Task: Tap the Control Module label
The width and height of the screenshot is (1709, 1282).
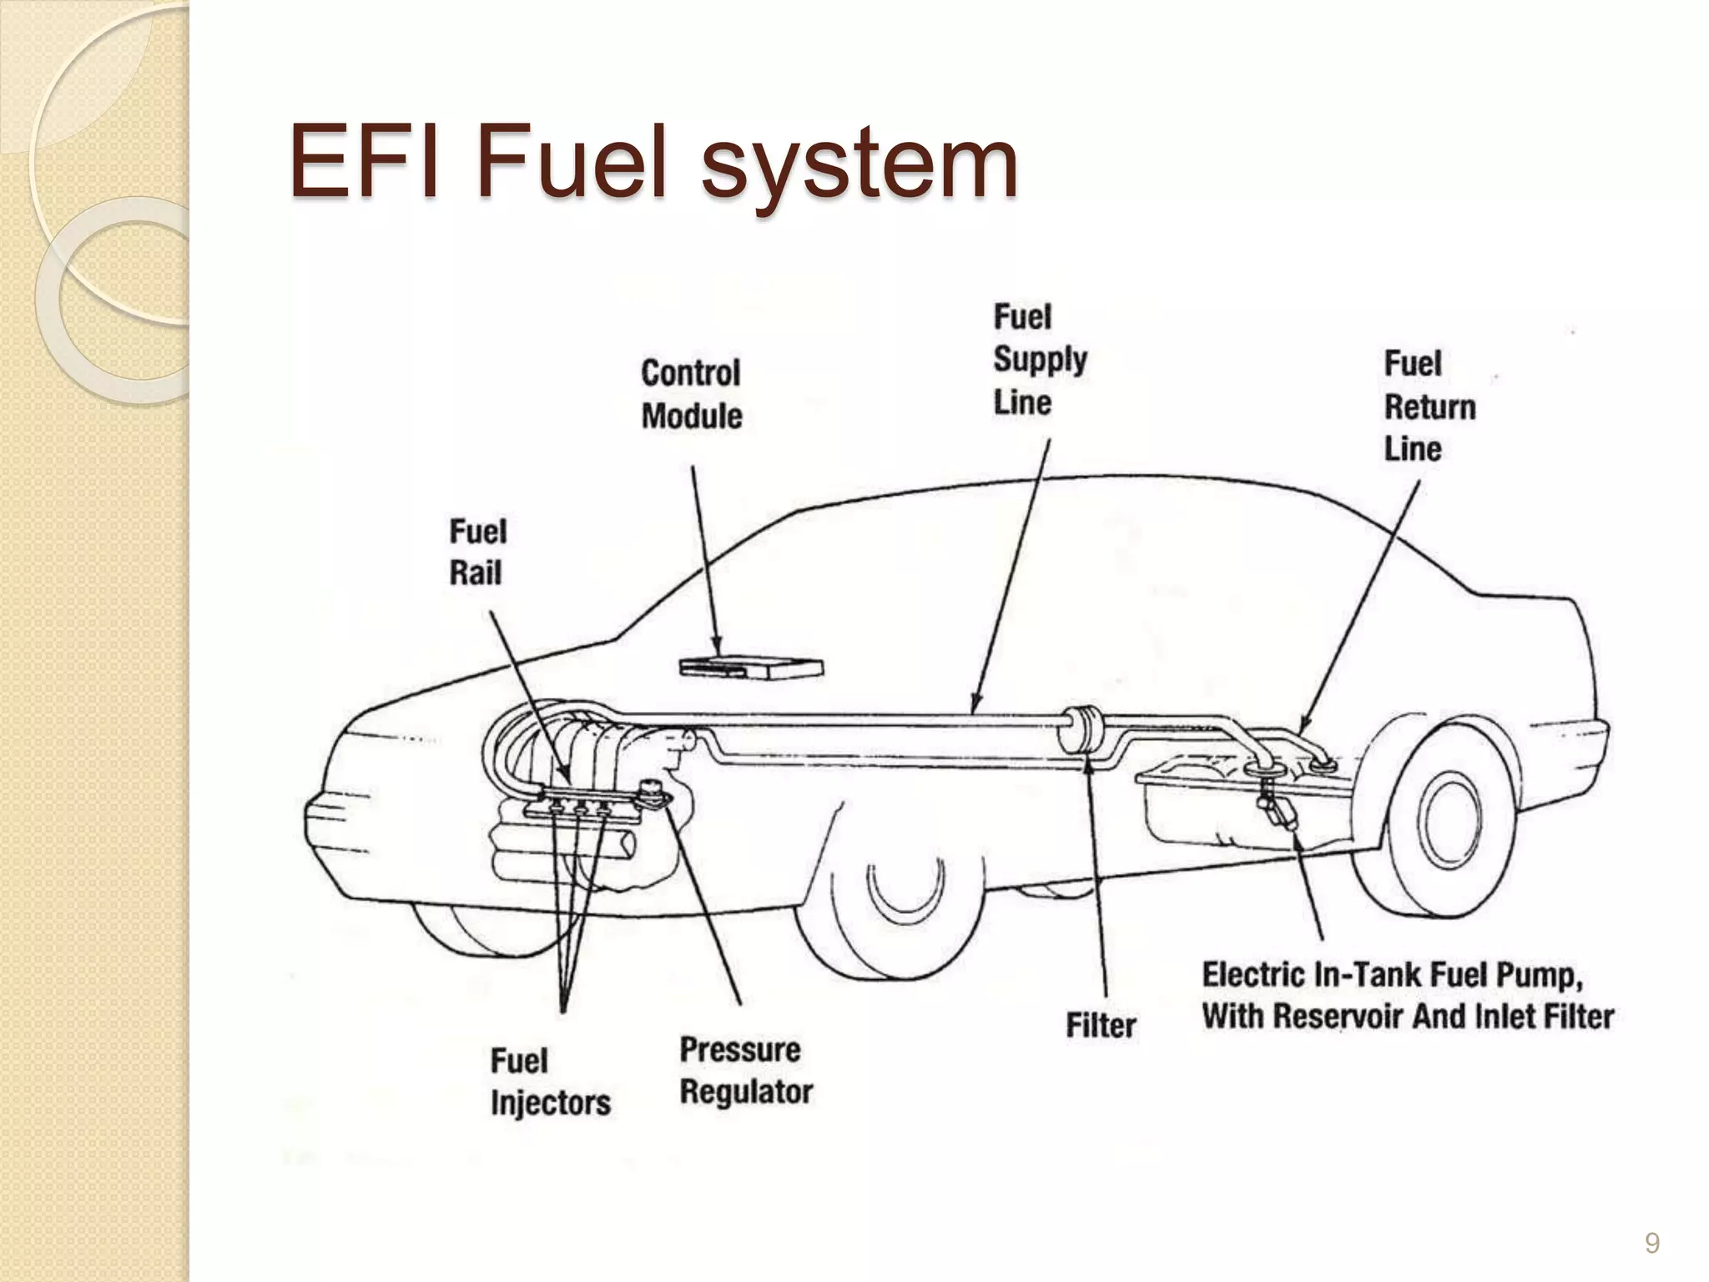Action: (x=691, y=395)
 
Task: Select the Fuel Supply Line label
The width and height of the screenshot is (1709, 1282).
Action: (x=1039, y=360)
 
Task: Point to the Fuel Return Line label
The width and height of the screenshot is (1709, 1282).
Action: (x=1429, y=406)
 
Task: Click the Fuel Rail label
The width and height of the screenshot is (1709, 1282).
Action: (x=477, y=553)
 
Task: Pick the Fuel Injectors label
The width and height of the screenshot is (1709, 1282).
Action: (x=550, y=1082)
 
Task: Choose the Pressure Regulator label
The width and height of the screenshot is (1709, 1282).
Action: (x=745, y=1071)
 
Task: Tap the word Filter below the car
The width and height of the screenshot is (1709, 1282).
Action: (x=1101, y=1026)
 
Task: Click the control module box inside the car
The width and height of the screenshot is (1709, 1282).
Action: (x=751, y=668)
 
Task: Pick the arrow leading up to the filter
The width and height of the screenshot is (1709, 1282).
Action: (x=1096, y=876)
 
